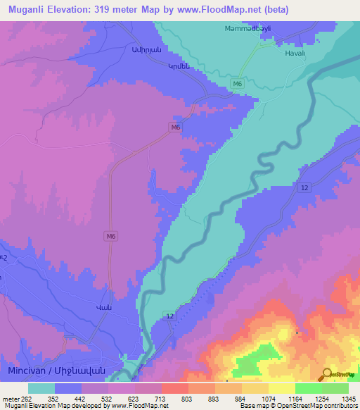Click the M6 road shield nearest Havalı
click(238, 84)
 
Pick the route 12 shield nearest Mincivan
click(169, 316)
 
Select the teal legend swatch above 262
click(41, 388)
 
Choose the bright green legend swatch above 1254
click(309, 388)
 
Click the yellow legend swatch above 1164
click(282, 388)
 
